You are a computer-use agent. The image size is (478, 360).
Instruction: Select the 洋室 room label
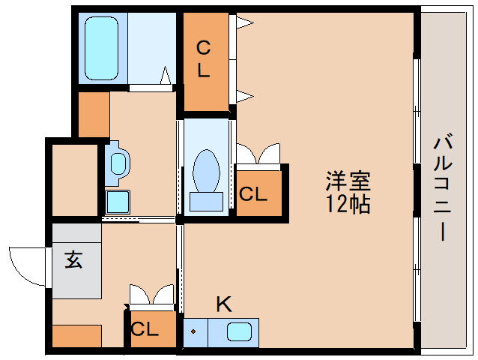(x=348, y=181)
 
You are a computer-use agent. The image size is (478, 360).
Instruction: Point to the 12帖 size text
(x=348, y=203)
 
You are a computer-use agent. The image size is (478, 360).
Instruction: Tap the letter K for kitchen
(x=223, y=304)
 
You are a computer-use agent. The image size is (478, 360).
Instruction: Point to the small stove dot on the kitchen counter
(x=194, y=330)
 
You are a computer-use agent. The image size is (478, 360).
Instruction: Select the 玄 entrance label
(x=73, y=260)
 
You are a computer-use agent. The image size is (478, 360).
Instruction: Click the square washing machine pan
(x=118, y=202)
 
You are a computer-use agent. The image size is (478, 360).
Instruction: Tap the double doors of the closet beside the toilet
(x=258, y=154)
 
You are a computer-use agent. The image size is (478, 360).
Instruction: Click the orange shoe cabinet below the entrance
(x=76, y=335)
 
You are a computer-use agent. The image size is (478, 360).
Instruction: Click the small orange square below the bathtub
(x=94, y=114)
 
